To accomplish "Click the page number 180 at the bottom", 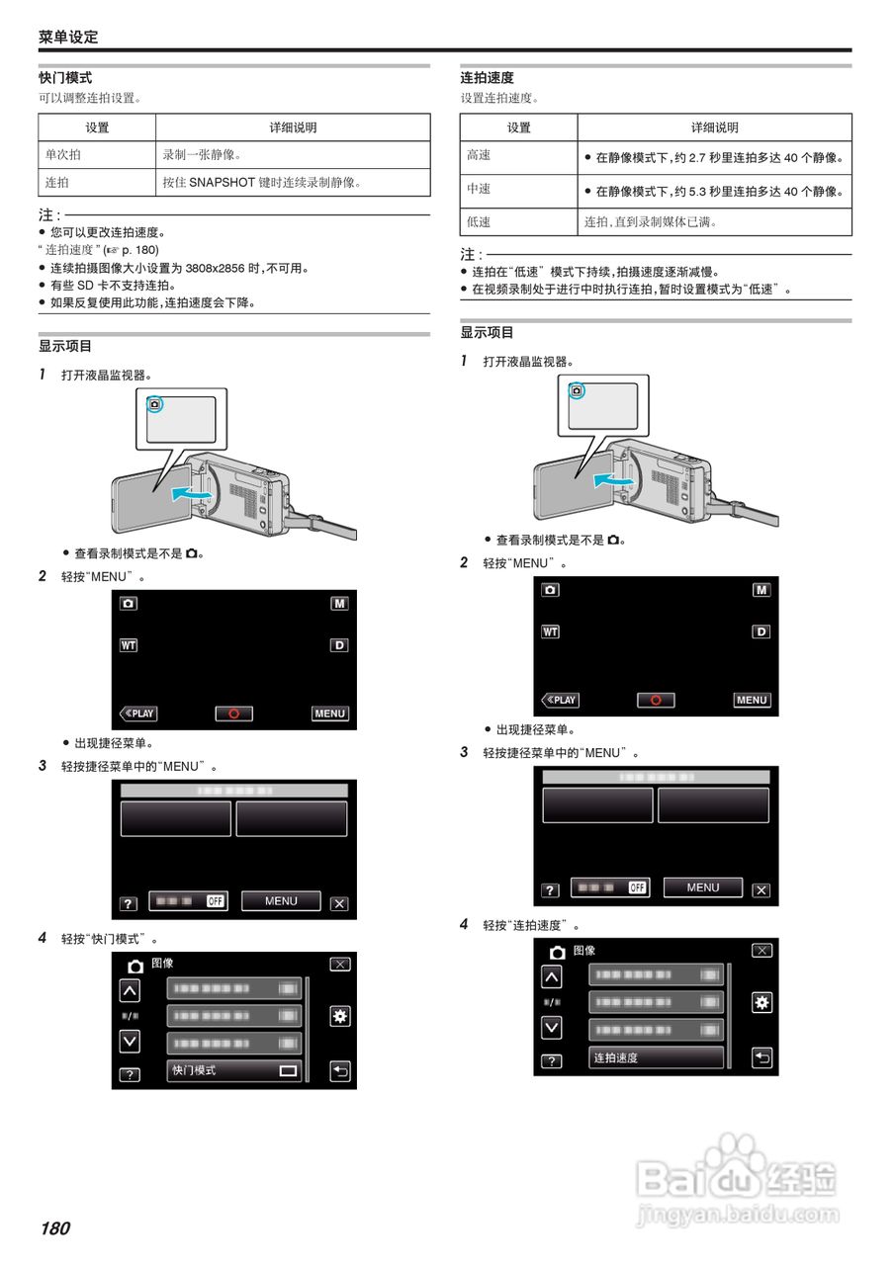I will [55, 1228].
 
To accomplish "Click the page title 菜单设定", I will [68, 37].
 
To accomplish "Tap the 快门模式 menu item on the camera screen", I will [234, 1070].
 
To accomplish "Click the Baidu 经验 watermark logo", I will [737, 1178].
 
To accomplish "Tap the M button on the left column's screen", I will [339, 604].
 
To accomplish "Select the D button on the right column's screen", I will [761, 632].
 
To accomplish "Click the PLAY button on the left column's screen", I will [138, 714].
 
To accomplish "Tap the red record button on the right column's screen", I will [655, 700].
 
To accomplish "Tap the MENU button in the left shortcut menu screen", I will [281, 901].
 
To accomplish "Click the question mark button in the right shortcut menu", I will [550, 890].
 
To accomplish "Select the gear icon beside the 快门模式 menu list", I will [339, 1017].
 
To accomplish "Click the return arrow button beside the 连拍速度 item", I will [761, 1058].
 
